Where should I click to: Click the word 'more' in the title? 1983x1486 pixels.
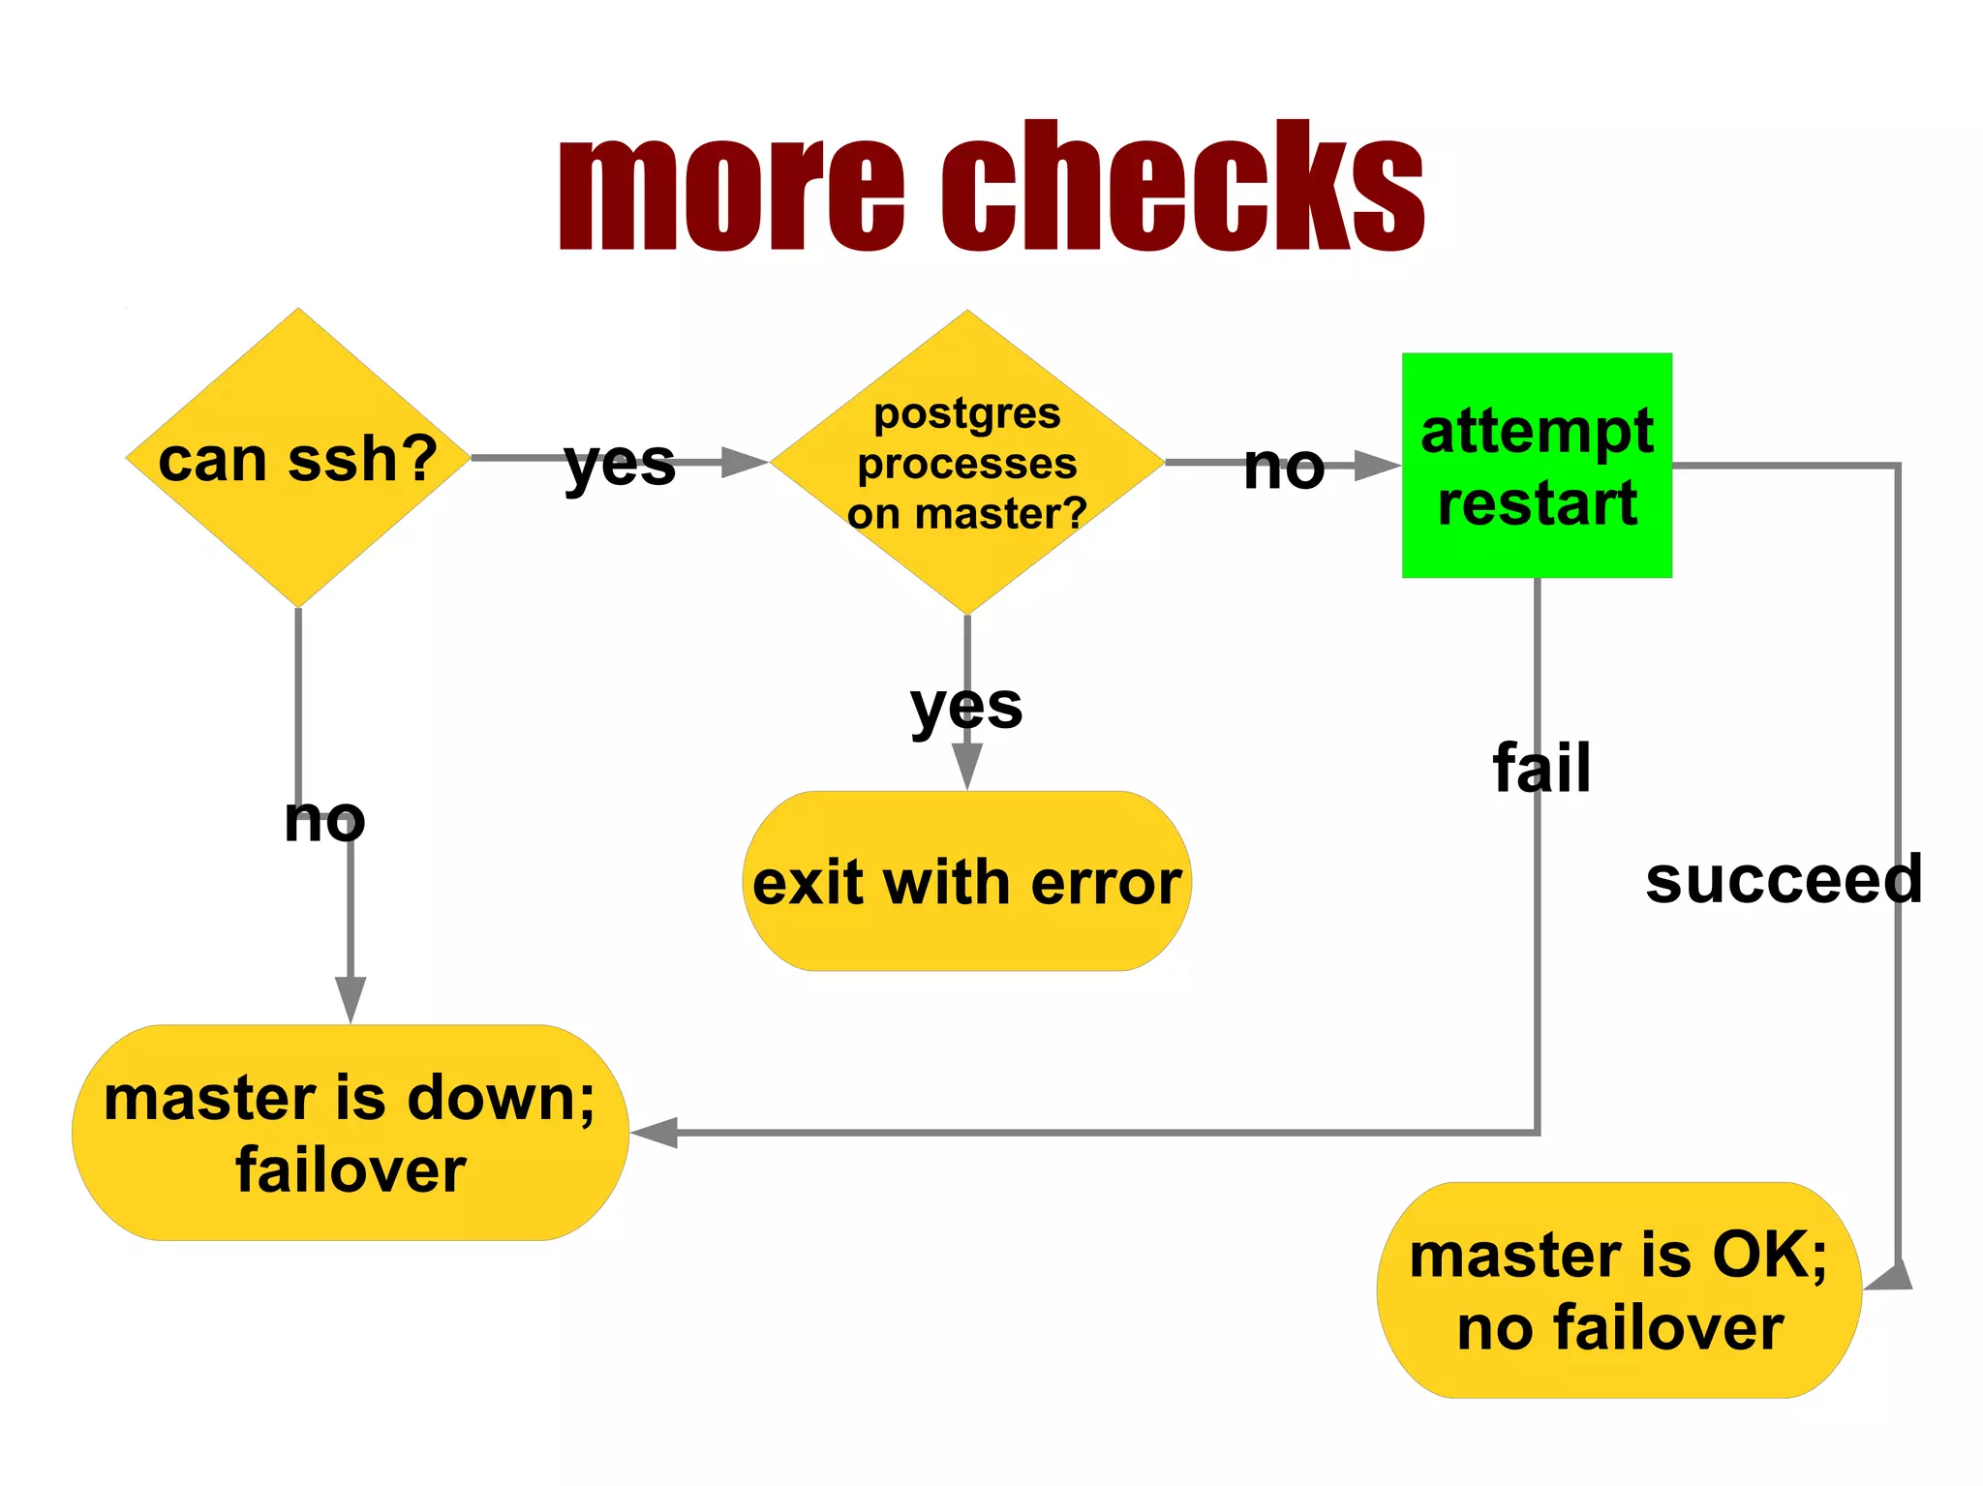(x=731, y=192)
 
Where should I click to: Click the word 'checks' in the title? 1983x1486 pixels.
(x=1183, y=186)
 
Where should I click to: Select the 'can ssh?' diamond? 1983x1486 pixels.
(x=298, y=458)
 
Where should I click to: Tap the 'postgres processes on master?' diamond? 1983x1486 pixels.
(x=966, y=463)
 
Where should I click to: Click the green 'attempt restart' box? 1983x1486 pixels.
(x=1537, y=466)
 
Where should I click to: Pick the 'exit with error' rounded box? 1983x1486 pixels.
(x=966, y=882)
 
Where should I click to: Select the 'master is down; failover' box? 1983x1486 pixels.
(x=351, y=1133)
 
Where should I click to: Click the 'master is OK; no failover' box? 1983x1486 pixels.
(x=1619, y=1289)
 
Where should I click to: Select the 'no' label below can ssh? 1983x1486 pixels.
(x=324, y=820)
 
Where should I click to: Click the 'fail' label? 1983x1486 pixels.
(x=1541, y=768)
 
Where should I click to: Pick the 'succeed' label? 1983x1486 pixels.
(x=1784, y=880)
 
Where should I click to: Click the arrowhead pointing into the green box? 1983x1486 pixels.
(x=1376, y=465)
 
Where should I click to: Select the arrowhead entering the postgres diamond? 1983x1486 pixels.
(x=743, y=463)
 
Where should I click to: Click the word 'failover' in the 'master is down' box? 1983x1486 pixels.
(x=351, y=1169)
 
